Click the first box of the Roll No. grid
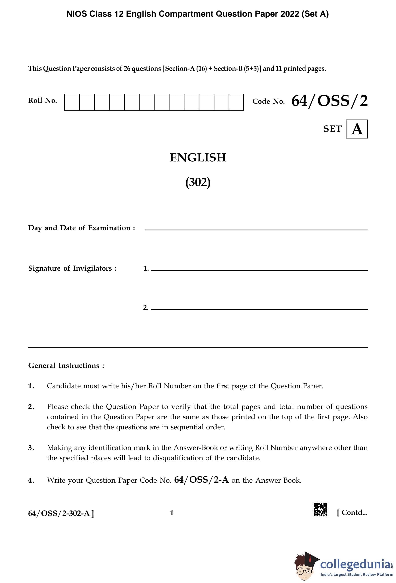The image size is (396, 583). pos(72,102)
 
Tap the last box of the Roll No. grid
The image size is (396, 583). pos(236,102)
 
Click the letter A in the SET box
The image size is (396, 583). pos(357,129)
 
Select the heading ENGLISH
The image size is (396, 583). pos(198,158)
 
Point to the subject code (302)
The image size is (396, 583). pos(198,182)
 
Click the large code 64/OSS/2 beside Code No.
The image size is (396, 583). pos(329,101)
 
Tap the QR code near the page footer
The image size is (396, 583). pos(321,510)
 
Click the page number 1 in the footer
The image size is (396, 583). pos(172,513)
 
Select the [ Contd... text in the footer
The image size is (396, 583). pos(352,512)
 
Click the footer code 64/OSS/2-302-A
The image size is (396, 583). pos(61,513)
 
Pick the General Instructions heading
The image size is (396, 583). pos(66,365)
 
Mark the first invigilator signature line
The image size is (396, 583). pos(259,270)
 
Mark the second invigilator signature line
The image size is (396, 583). pos(259,309)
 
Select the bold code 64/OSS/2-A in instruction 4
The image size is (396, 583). pos(201,480)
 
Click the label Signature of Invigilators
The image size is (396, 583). pos(72,268)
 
